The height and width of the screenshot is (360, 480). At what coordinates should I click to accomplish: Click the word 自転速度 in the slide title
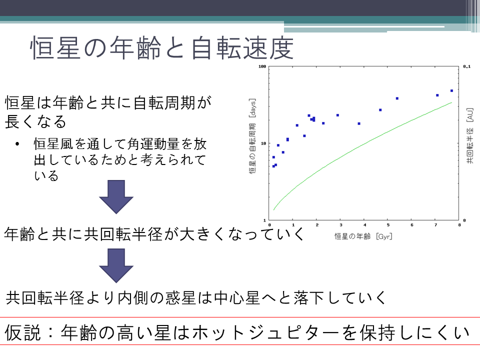[x=242, y=48]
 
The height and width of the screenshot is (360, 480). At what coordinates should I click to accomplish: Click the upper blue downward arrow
[x=116, y=196]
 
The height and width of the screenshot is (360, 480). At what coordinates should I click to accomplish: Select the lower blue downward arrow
[x=116, y=265]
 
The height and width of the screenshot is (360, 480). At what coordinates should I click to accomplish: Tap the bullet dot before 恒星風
[x=17, y=144]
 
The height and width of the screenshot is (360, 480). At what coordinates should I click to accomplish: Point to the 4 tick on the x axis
[x=364, y=225]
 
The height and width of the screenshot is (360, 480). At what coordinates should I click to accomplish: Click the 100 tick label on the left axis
[x=262, y=66]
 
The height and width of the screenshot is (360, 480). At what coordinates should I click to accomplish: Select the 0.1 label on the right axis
[x=467, y=66]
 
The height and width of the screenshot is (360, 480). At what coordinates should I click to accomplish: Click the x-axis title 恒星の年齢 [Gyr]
[x=363, y=236]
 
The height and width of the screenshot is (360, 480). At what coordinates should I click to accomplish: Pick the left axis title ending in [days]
[x=252, y=136]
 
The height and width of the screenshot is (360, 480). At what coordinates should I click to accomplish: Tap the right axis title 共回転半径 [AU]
[x=470, y=135]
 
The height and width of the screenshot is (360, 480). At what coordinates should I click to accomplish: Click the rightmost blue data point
[x=451, y=90]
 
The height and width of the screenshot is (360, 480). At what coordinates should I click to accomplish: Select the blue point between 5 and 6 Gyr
[x=397, y=98]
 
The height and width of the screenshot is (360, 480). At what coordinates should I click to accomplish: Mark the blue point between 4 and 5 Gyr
[x=380, y=110]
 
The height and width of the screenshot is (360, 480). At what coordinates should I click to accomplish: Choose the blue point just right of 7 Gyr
[x=437, y=95]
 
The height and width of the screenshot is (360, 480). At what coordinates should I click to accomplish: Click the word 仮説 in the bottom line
[x=22, y=333]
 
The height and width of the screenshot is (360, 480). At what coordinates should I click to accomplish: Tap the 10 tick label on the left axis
[x=263, y=143]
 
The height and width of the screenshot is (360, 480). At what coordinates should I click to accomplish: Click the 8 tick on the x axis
[x=459, y=225]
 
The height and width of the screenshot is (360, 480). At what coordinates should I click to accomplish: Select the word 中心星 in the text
[x=237, y=298]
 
